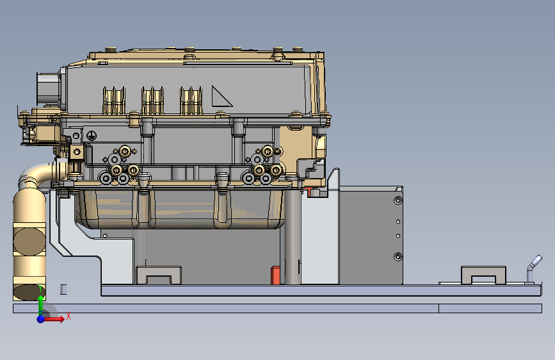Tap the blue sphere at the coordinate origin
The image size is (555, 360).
coord(41,319)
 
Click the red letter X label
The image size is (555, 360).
coord(68,316)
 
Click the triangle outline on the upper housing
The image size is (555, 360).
coord(221,96)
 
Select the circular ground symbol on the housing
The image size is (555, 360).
coord(92,135)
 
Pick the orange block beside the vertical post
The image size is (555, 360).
coord(275,275)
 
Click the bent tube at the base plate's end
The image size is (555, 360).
coord(532,268)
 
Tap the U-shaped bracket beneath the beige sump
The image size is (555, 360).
coord(159,275)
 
